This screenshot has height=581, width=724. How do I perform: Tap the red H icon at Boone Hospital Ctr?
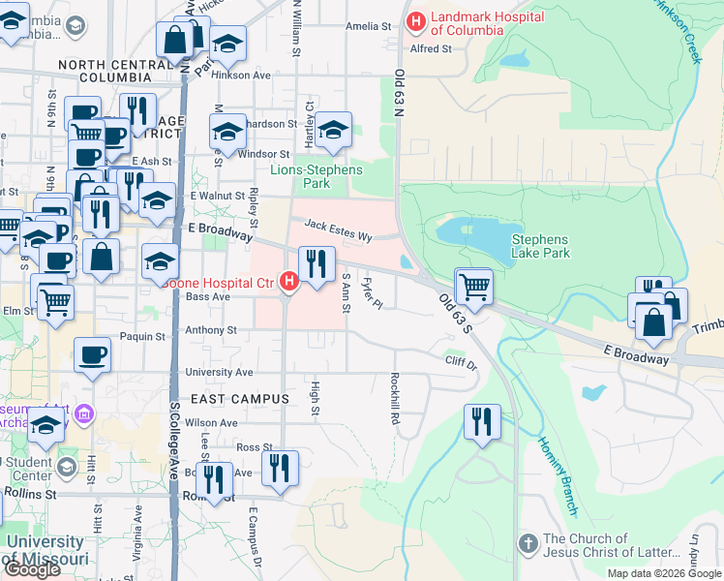(x=287, y=282)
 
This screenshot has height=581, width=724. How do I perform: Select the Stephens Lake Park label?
(x=540, y=246)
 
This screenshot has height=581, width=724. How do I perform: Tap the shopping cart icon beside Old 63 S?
(x=474, y=286)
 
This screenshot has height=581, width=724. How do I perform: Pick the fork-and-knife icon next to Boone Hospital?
(x=317, y=263)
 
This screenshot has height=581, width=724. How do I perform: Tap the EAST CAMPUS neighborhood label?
(x=239, y=399)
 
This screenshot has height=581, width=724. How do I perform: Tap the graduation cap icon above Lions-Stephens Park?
(x=333, y=130)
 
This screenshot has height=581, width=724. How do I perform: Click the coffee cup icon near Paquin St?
(x=93, y=354)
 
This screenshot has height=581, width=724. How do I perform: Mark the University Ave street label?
(x=222, y=372)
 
